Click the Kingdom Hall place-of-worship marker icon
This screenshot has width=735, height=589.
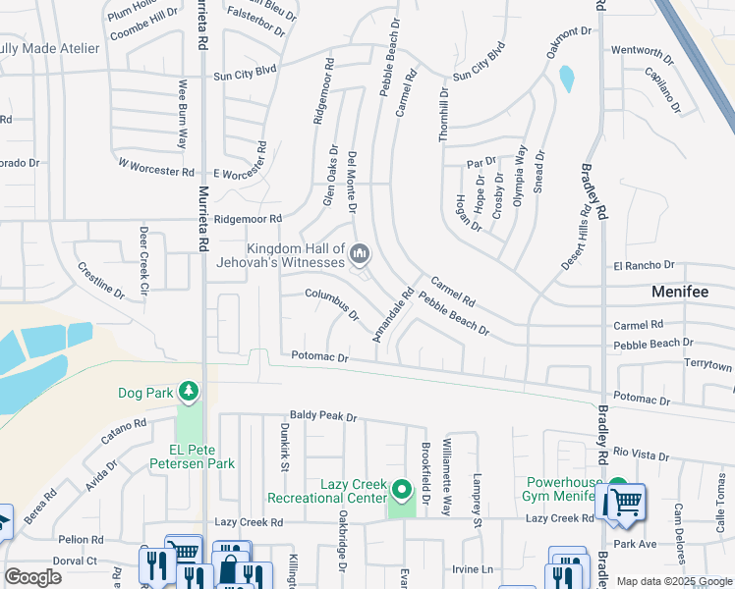coord(361,255)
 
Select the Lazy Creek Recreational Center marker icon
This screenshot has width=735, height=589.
coord(401,489)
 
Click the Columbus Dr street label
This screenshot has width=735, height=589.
coord(331,304)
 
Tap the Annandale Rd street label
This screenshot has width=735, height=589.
coord(392,315)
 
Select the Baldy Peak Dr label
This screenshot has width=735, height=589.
coord(323,417)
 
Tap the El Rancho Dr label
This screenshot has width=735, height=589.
coord(645,265)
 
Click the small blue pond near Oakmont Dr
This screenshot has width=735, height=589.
coord(566,78)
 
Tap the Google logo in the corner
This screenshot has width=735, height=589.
coord(32,577)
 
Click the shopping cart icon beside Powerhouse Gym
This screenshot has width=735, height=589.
coord(625,503)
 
